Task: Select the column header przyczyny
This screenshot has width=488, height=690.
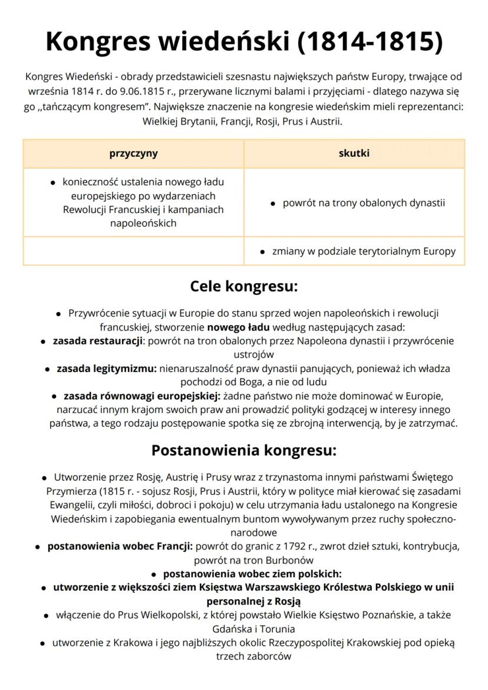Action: click(133, 153)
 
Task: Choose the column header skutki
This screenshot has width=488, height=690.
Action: click(354, 153)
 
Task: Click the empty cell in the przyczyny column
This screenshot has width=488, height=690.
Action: click(133, 251)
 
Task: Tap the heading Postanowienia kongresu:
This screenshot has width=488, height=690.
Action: click(244, 451)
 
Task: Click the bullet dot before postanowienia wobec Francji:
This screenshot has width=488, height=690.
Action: click(39, 547)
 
